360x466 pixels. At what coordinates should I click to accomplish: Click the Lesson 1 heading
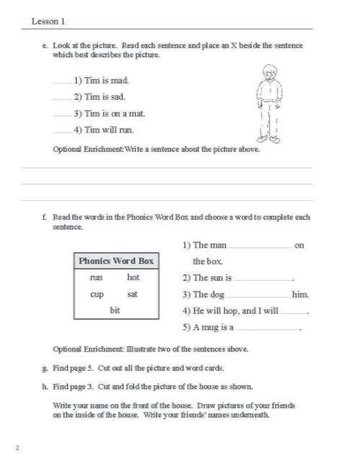pyautogui.click(x=48, y=22)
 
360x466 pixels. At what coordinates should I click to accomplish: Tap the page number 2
pyautogui.click(x=17, y=448)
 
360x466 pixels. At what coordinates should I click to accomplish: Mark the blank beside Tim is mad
pyautogui.click(x=63, y=82)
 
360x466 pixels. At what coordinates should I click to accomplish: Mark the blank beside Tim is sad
pyautogui.click(x=63, y=98)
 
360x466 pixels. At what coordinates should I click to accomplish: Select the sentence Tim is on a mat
pyautogui.click(x=104, y=114)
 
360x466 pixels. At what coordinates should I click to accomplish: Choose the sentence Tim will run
pyautogui.click(x=104, y=130)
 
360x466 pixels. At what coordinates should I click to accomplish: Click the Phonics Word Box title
pyautogui.click(x=116, y=261)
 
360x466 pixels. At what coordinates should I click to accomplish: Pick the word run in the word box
pyautogui.click(x=96, y=277)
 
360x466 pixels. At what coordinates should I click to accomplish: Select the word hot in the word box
pyautogui.click(x=133, y=277)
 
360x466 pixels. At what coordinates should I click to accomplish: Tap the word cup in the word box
pyautogui.click(x=96, y=294)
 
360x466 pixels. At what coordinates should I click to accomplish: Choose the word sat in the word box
pyautogui.click(x=132, y=294)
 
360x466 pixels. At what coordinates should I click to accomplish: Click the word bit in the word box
pyautogui.click(x=114, y=310)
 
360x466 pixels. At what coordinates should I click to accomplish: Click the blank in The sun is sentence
pyautogui.click(x=264, y=279)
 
